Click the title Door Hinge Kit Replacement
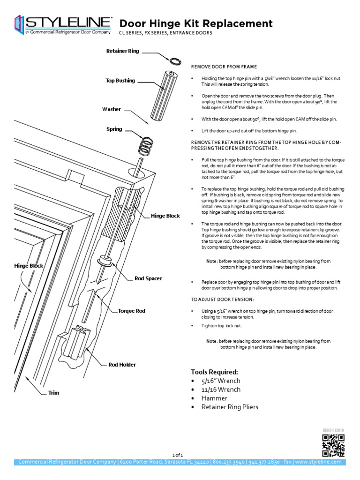click(x=196, y=23)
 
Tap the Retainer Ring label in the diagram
click(x=122, y=51)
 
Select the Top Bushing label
click(x=120, y=81)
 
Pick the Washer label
click(x=112, y=109)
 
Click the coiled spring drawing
click(x=146, y=145)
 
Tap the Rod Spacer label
click(x=148, y=278)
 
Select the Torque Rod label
click(x=131, y=311)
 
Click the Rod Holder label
click(x=122, y=364)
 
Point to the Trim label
click(x=53, y=393)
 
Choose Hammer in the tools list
click(x=214, y=398)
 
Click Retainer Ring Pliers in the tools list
click(x=230, y=407)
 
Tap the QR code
click(x=333, y=445)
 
